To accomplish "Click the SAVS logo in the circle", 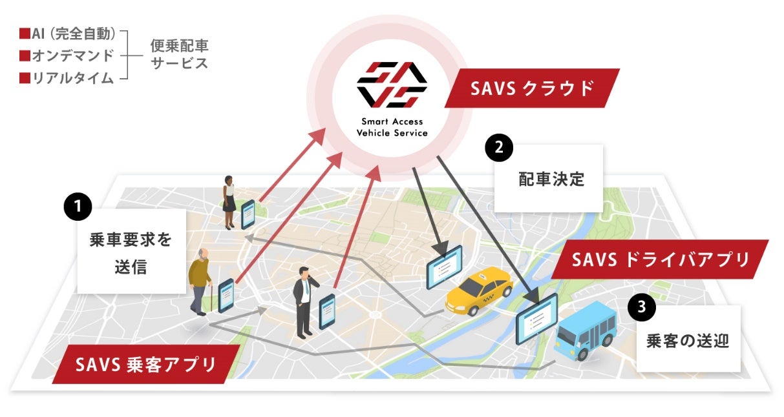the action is pyautogui.click(x=392, y=85).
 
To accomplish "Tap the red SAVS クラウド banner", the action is pyautogui.click(x=532, y=88).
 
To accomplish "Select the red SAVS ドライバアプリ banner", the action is pyautogui.click(x=661, y=259).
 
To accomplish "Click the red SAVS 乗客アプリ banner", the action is pyautogui.click(x=145, y=365).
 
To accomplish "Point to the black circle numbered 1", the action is pyautogui.click(x=78, y=207).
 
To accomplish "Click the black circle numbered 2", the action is pyautogui.click(x=498, y=148).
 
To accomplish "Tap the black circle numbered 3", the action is pyautogui.click(x=641, y=307).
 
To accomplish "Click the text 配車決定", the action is pyautogui.click(x=551, y=179).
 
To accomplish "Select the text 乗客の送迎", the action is pyautogui.click(x=688, y=341).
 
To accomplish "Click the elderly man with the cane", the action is pyautogui.click(x=200, y=281).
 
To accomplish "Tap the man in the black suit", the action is pyautogui.click(x=303, y=300).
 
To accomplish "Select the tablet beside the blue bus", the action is pyautogui.click(x=536, y=318).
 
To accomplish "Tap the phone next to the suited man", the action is pyautogui.click(x=327, y=310).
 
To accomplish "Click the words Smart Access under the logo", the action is pyautogui.click(x=392, y=121).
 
